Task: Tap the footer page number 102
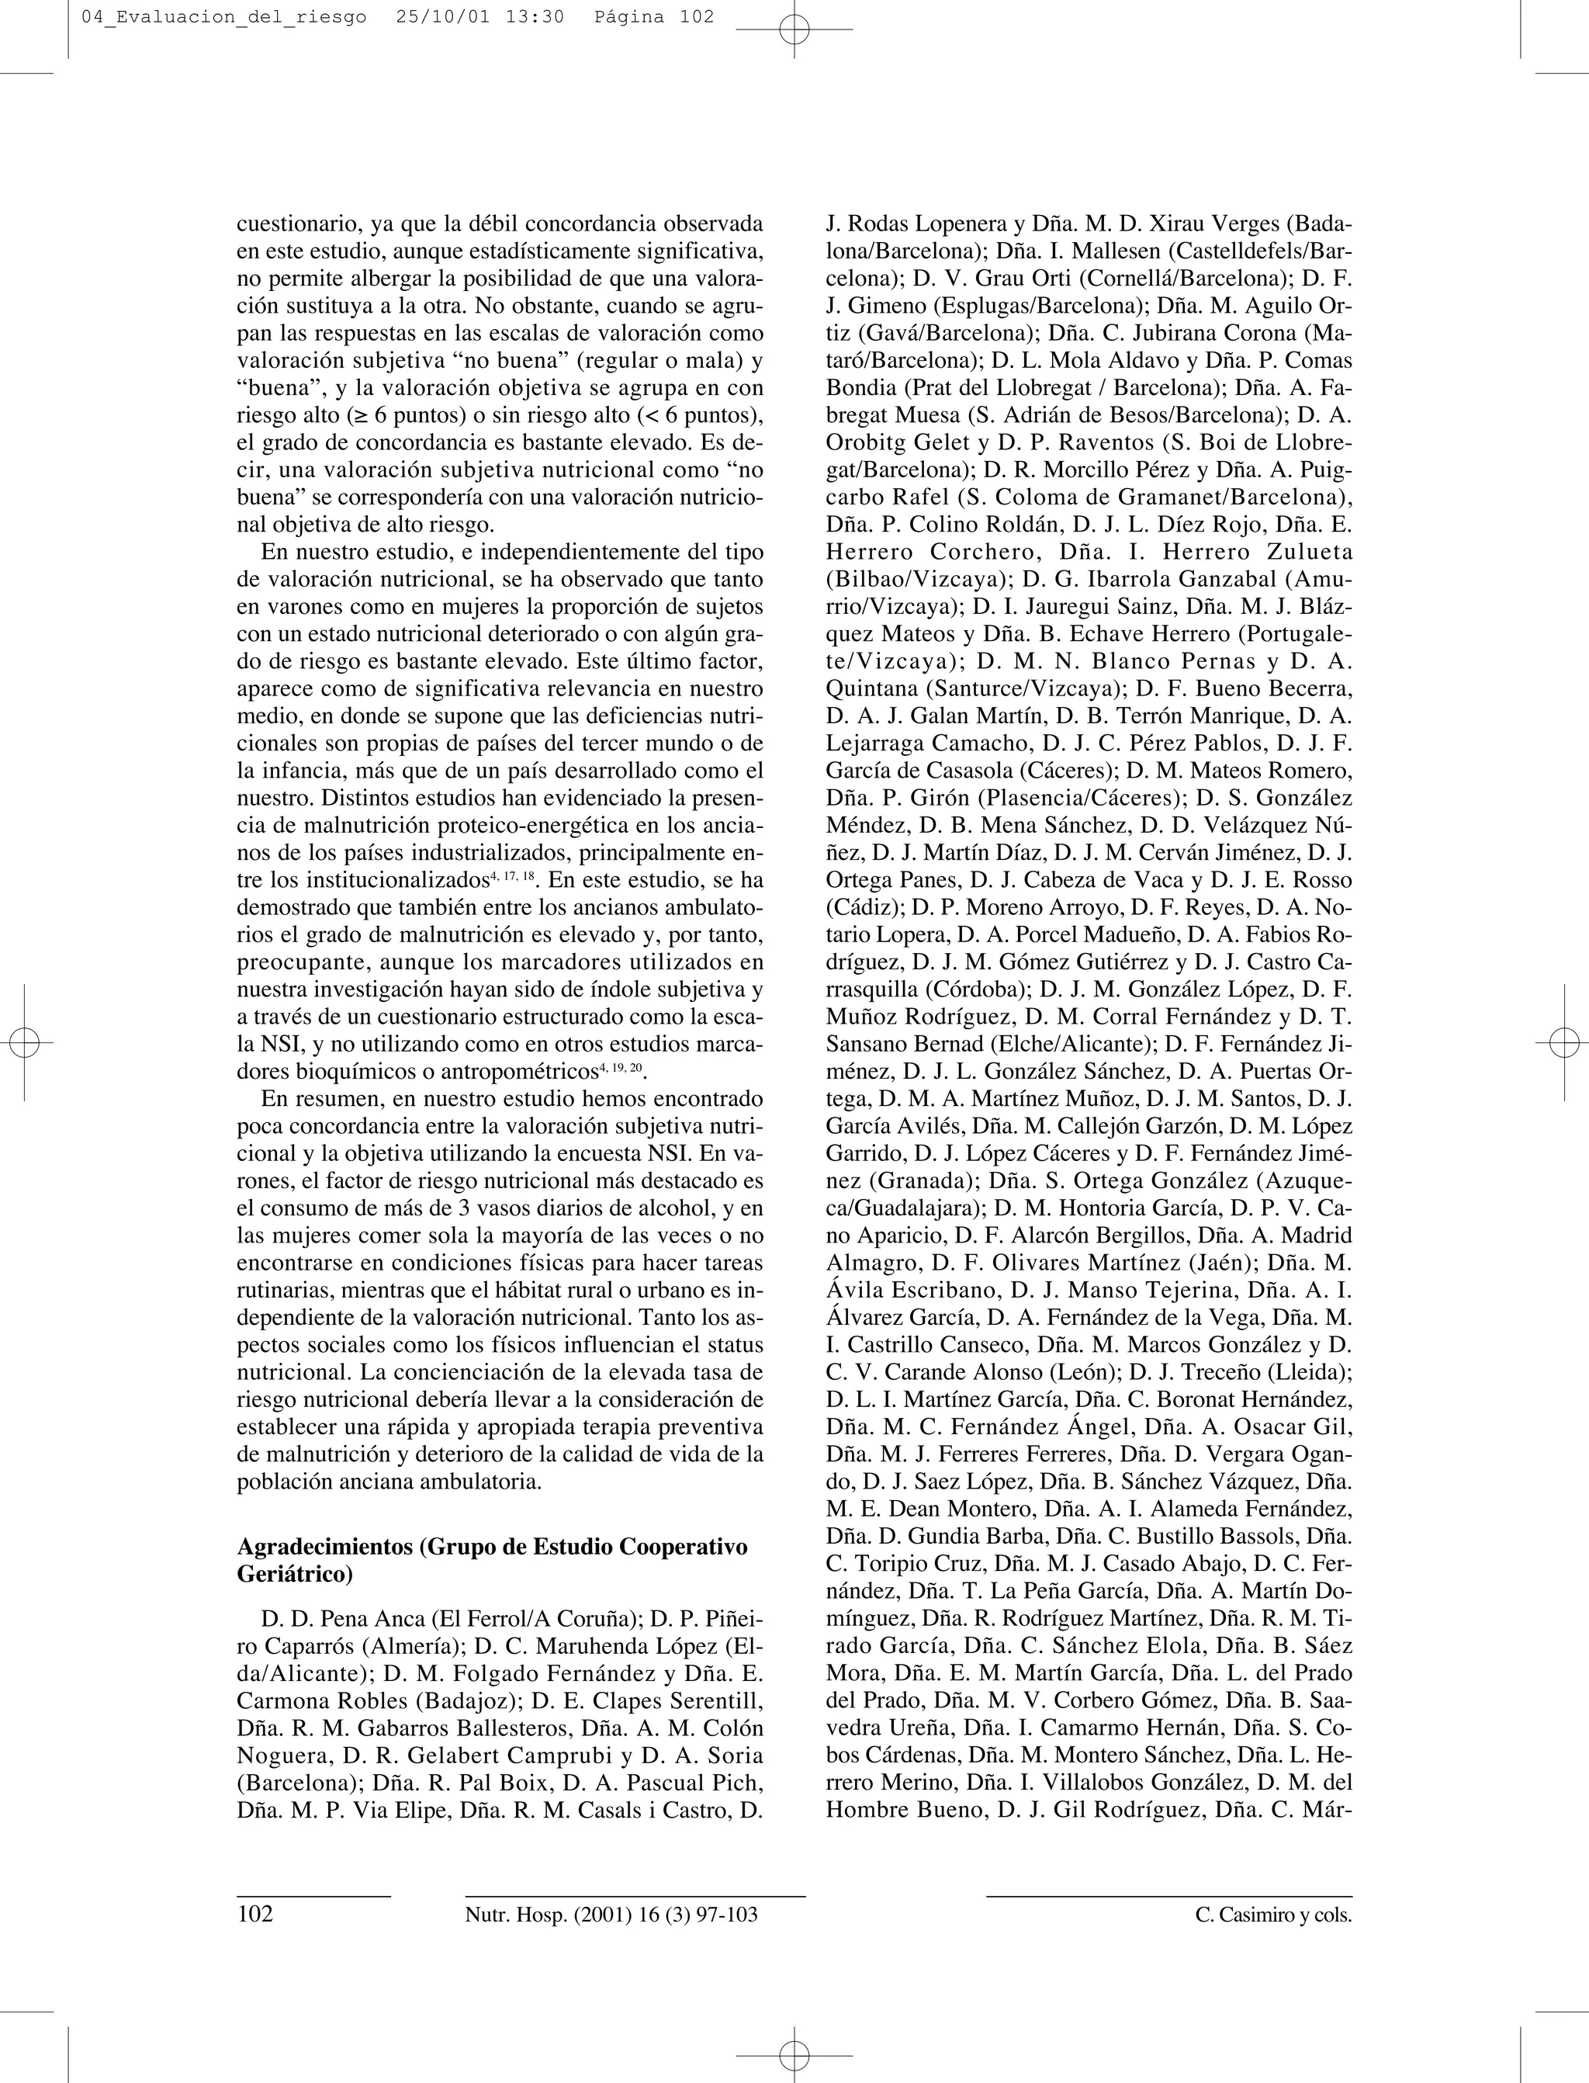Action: (255, 1915)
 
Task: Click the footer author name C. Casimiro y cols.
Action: (1273, 1915)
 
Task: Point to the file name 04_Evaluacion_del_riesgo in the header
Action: (224, 17)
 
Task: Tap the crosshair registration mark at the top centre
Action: (794, 29)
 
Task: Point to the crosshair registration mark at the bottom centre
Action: (794, 2054)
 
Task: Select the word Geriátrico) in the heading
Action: (295, 1575)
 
